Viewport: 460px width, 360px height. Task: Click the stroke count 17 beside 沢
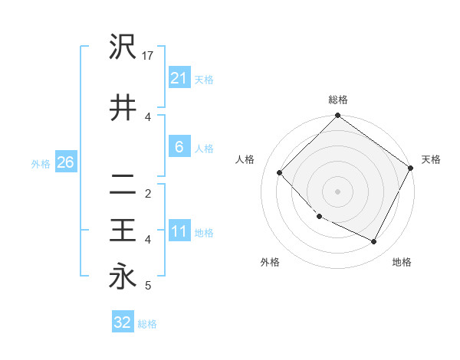149,56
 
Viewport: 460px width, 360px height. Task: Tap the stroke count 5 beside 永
148,286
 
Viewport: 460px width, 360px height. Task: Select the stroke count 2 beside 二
148,194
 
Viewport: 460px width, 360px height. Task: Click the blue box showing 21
179,77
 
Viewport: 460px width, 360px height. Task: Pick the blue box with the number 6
179,147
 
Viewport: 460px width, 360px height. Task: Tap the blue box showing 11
179,231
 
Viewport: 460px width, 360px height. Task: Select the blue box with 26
65,162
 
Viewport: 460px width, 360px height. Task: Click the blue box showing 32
123,322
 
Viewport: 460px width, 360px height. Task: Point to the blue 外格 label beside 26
41,163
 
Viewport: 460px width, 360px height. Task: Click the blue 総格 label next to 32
147,323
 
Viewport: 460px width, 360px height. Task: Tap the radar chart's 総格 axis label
338,100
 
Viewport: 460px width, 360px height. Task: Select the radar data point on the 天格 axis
410,168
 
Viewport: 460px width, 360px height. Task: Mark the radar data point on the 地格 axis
374,242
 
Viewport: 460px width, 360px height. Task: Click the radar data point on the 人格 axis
280,172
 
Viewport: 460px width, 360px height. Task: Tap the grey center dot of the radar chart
338,191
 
